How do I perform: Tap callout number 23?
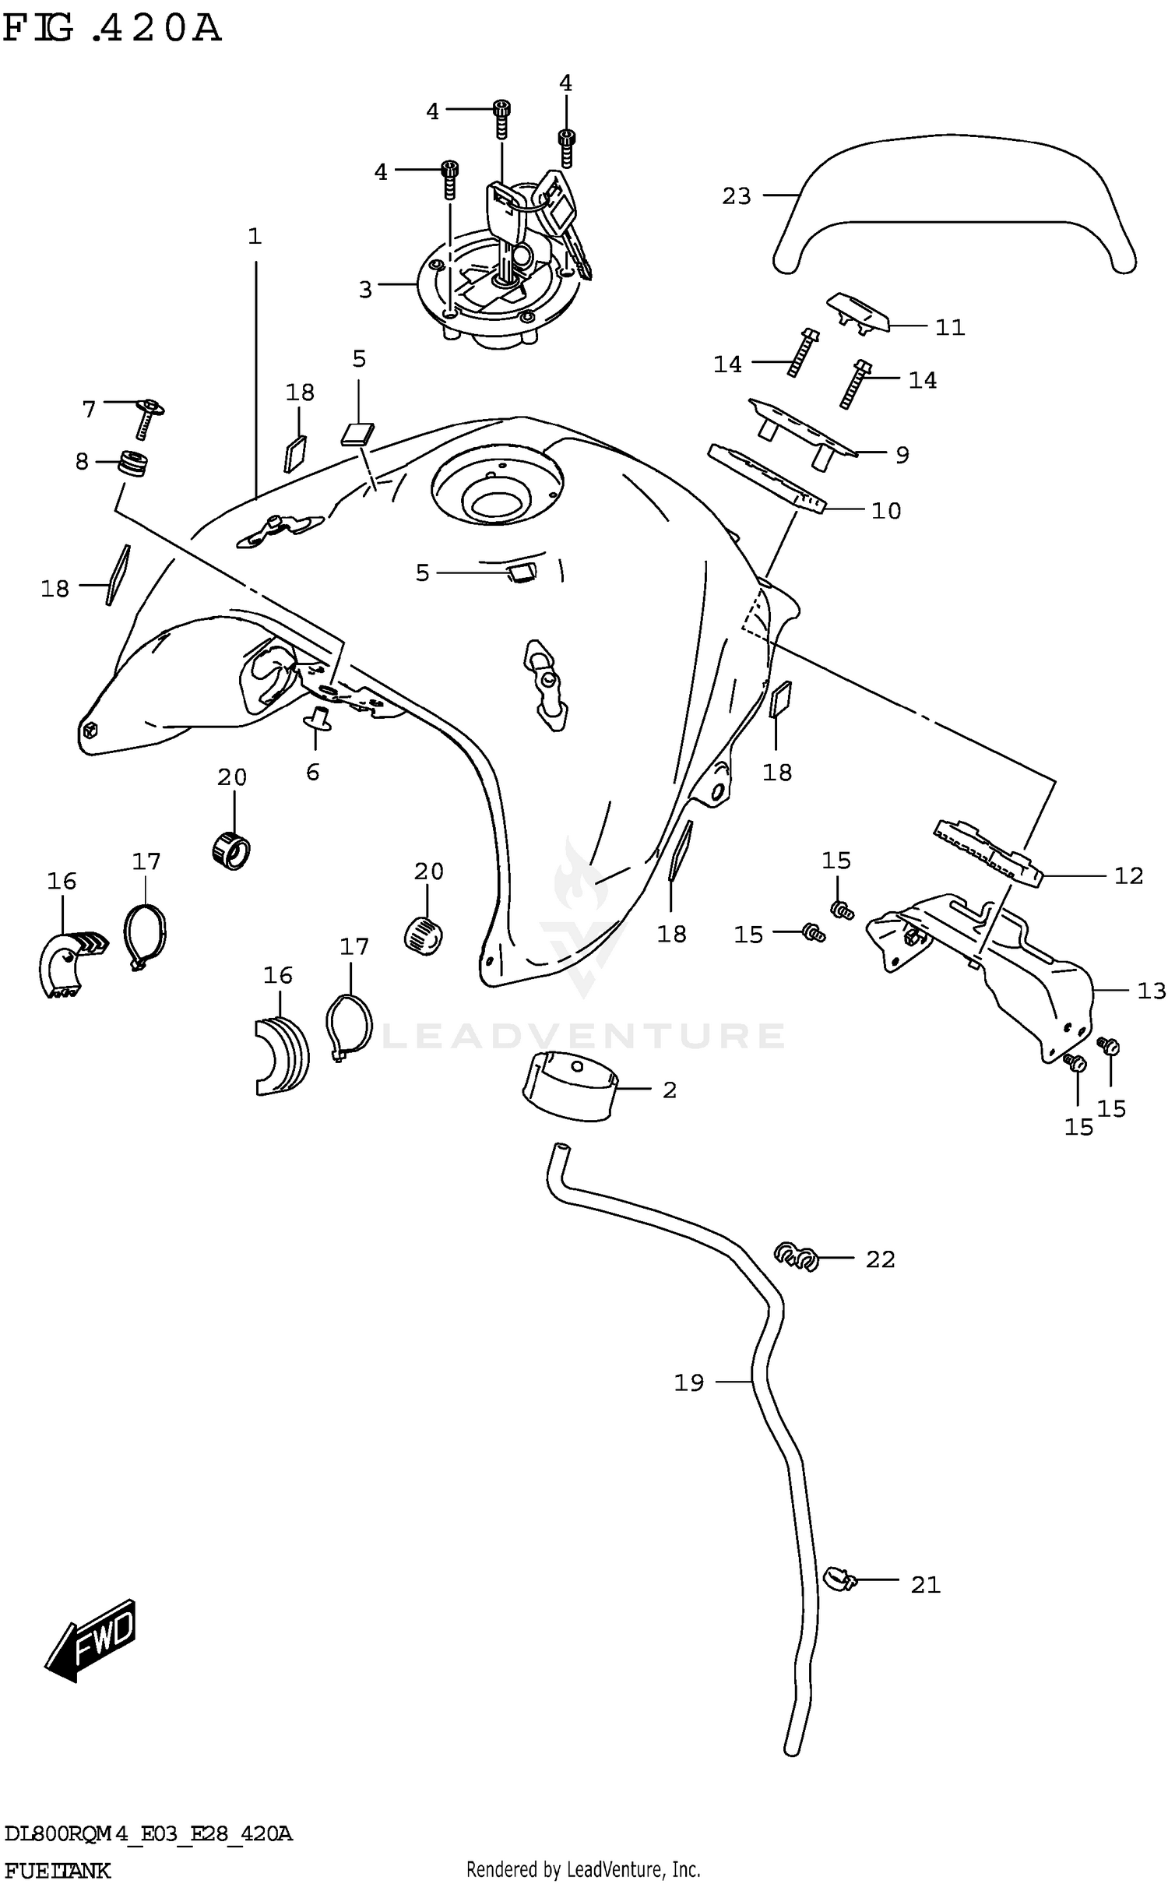[736, 196]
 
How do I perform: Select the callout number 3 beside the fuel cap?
[366, 290]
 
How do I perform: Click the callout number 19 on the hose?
[689, 1382]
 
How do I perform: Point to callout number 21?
[926, 1584]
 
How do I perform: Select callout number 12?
[1128, 876]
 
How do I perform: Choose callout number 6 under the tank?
[312, 772]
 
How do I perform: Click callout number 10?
[886, 511]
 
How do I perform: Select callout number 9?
[902, 455]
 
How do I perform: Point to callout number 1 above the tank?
[255, 236]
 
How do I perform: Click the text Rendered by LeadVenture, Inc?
[583, 1868]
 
